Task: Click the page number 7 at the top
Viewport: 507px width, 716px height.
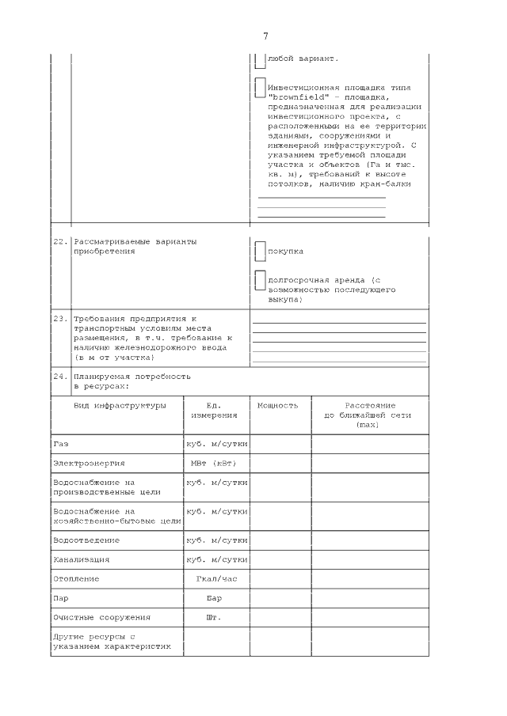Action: [265, 36]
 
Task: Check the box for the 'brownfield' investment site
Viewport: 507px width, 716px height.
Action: [260, 87]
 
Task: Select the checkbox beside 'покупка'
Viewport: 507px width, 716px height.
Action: [260, 252]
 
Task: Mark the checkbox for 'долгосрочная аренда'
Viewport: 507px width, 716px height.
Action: [260, 280]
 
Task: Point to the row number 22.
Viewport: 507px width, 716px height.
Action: [60, 241]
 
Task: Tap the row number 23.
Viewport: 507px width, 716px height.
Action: [60, 318]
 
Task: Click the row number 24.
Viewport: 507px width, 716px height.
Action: [60, 377]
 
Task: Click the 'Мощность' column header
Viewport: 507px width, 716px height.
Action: [278, 405]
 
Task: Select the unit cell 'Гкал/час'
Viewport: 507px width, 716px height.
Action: [216, 579]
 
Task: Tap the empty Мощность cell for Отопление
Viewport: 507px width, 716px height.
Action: [280, 579]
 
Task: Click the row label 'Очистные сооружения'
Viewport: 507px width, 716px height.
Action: [101, 617]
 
